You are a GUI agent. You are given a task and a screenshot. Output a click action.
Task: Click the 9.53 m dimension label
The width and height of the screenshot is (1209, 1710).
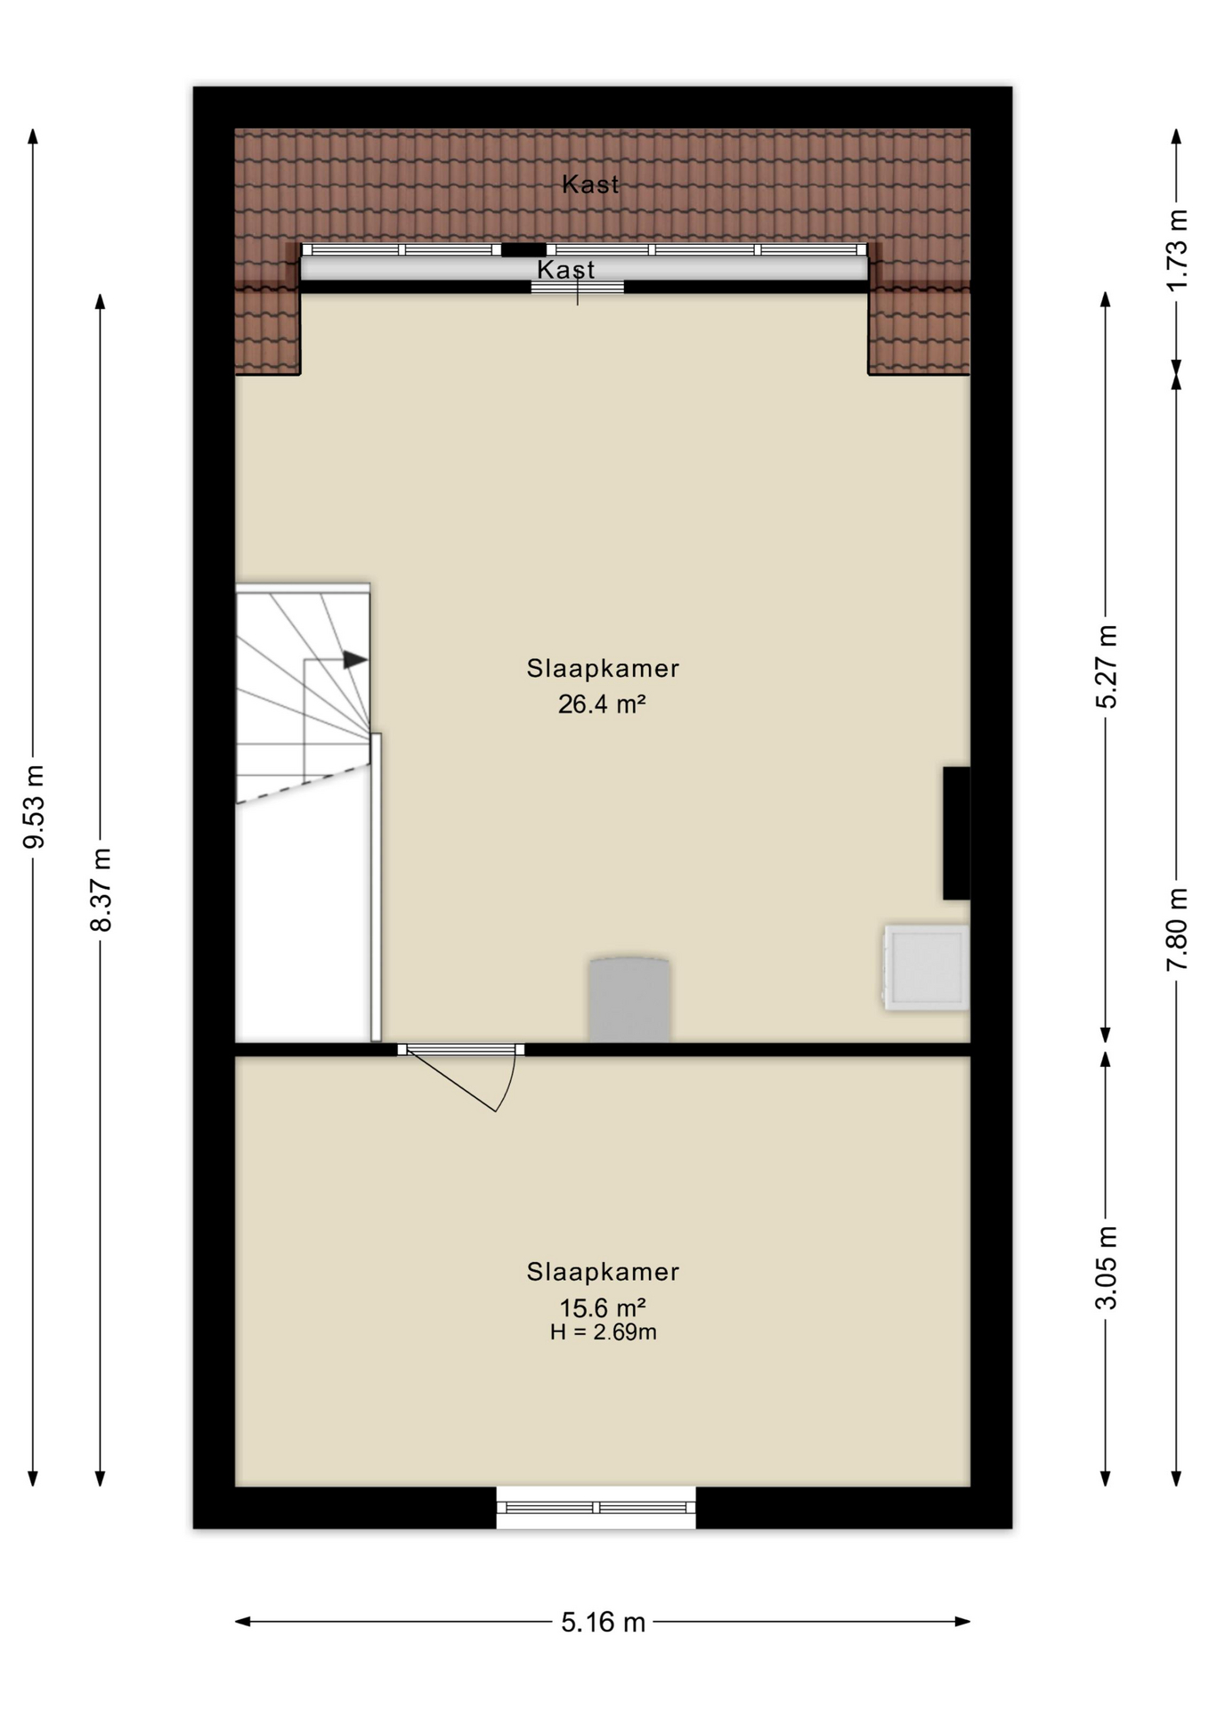tap(33, 806)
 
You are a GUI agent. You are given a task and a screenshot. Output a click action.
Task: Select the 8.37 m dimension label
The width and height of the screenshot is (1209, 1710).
tap(101, 889)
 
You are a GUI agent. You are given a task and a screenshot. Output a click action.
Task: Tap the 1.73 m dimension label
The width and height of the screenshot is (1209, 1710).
tap(1176, 249)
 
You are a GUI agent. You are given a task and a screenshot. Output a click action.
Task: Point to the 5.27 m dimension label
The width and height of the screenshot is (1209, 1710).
tap(1106, 666)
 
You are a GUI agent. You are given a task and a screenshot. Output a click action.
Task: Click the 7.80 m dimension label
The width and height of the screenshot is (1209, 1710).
tap(1176, 929)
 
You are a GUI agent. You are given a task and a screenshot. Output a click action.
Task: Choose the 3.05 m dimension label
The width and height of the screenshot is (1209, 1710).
tap(1106, 1267)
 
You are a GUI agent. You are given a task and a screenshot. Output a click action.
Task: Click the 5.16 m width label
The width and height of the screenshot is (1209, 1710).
tap(603, 1622)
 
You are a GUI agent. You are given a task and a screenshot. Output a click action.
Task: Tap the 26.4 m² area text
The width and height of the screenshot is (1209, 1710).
tap(602, 704)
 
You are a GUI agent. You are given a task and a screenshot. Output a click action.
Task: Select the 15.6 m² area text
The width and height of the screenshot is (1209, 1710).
tap(602, 1307)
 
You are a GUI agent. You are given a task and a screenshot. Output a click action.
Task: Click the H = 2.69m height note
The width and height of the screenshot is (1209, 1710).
tap(603, 1332)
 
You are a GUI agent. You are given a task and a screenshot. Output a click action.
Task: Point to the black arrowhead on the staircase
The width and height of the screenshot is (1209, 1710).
tap(355, 660)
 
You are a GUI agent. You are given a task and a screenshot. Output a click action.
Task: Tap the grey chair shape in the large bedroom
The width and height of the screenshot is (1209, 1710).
tap(629, 999)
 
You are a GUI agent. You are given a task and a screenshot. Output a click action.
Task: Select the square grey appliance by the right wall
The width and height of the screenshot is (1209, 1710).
tap(926, 967)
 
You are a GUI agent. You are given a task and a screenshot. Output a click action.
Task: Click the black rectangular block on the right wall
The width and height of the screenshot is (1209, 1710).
tap(957, 833)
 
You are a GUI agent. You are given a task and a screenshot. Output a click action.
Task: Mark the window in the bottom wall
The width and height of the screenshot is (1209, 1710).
tap(596, 1507)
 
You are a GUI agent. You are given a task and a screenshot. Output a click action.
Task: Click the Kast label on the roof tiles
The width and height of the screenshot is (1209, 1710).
tap(590, 184)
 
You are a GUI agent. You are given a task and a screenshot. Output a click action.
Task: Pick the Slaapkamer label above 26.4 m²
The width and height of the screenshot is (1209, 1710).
tap(603, 668)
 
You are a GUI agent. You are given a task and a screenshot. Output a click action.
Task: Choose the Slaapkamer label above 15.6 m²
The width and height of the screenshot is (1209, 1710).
tap(603, 1272)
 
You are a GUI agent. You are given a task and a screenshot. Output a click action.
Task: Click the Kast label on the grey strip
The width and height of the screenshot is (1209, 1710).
tap(565, 269)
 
